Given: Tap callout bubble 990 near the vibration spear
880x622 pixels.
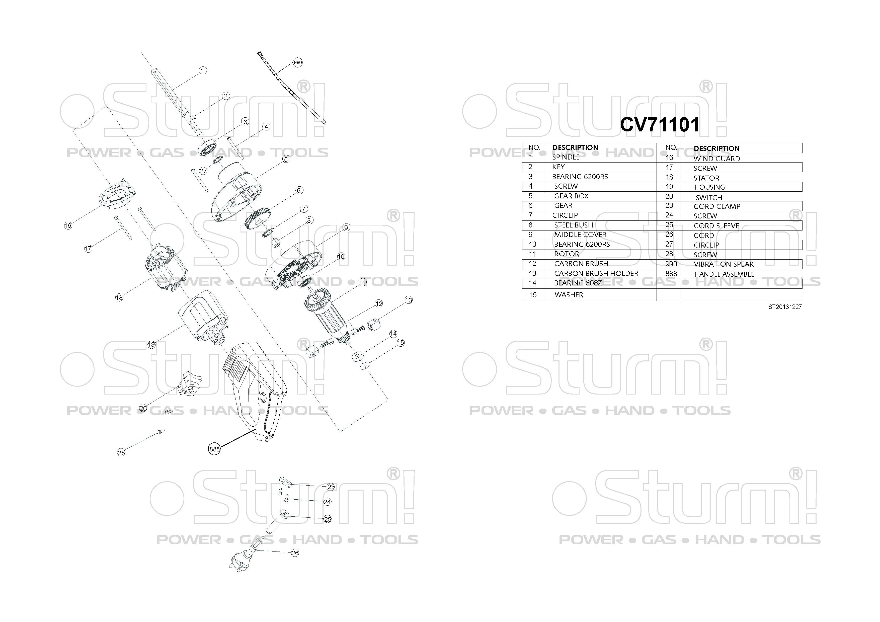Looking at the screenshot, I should [x=297, y=62].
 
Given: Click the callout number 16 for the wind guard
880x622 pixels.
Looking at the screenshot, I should [x=68, y=225].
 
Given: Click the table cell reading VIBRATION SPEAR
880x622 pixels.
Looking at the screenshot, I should [x=723, y=264].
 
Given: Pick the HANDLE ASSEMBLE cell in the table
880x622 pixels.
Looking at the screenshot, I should [x=724, y=274].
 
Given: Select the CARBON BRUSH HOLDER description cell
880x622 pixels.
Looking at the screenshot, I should [x=596, y=273].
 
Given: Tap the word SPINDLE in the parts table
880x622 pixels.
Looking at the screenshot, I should [x=566, y=157].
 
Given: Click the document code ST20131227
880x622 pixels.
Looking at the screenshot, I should [x=784, y=306].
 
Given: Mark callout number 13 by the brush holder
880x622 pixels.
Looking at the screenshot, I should [x=409, y=300].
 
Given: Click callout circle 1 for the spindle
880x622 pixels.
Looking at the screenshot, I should [x=203, y=70].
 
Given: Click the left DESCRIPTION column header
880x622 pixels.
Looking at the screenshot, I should [x=575, y=147].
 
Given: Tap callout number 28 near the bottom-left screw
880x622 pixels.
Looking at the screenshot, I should [x=121, y=453].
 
